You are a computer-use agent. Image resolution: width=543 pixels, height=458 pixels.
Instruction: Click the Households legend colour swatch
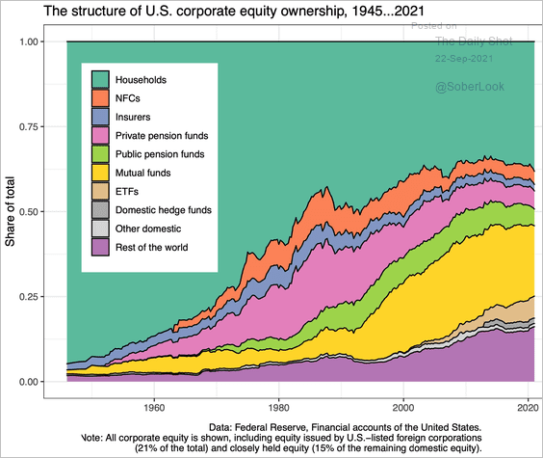(100, 79)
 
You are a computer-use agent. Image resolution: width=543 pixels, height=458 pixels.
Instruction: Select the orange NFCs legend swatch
(100, 98)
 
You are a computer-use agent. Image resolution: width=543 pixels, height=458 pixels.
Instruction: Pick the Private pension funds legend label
(162, 136)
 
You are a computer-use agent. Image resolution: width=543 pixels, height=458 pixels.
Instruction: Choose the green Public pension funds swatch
(100, 154)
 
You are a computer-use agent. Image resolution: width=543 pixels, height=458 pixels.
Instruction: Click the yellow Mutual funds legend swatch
(100, 173)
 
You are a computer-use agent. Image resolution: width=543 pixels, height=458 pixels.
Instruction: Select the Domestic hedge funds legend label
(164, 210)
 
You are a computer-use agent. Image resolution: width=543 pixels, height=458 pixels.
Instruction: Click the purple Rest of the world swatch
(100, 248)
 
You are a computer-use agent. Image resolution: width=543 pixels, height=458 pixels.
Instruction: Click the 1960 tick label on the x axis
(155, 407)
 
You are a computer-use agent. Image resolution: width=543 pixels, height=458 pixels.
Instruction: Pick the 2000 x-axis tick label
(403, 407)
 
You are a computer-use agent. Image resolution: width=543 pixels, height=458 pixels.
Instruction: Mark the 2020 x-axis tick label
(527, 407)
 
